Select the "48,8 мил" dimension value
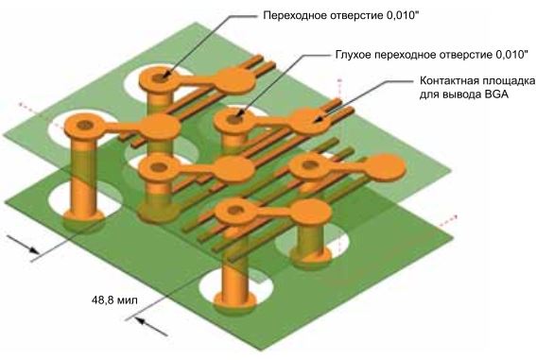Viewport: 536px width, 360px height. pos(114,300)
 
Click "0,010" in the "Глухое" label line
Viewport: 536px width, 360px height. pos(511,54)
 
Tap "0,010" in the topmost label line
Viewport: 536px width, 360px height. pos(403,15)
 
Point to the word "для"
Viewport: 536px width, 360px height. pos(428,94)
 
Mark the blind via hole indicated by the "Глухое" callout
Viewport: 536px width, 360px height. pos(233,119)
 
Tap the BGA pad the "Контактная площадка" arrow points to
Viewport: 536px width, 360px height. pos(310,120)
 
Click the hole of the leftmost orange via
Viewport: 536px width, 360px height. pos(84,125)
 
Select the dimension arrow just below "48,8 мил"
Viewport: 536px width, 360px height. pos(150,326)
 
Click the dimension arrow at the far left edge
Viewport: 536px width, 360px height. pos(23,244)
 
